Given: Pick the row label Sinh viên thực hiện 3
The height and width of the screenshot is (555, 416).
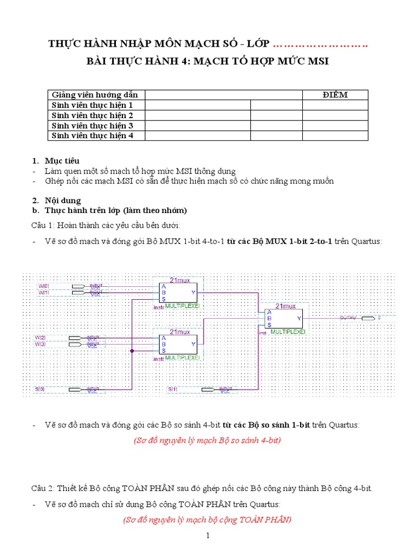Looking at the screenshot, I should tap(92, 126).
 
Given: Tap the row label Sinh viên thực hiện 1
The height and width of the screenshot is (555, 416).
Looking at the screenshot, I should tap(92, 105).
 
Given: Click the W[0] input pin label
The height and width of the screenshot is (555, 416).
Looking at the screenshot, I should tap(43, 286).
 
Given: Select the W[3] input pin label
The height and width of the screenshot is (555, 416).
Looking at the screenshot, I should tap(41, 344).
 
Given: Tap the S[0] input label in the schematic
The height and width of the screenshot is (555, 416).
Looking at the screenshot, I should tap(40, 390).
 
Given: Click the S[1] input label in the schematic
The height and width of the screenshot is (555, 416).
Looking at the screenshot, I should tap(173, 390).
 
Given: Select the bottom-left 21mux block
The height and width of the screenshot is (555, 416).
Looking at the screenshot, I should tap(179, 345).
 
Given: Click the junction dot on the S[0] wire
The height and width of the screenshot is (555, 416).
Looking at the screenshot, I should tap(132, 351).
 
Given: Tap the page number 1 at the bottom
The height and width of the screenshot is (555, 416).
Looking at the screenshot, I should tap(207, 537).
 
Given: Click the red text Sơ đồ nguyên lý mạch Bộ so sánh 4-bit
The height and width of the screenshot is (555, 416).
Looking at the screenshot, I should tap(207, 441).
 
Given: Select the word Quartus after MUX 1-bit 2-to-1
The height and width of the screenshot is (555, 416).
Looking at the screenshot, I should tap(367, 241).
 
